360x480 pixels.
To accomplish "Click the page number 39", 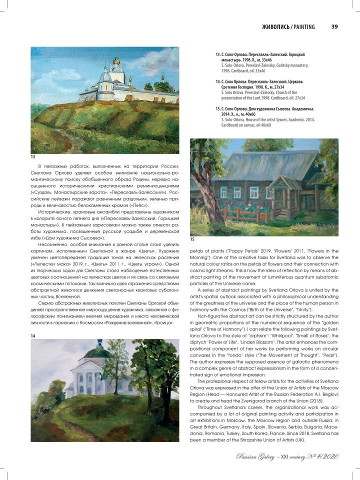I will pos(335,26).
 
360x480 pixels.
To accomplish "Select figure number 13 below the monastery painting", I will pos(33,157).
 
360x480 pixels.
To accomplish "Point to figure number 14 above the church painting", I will pos(33,335).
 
